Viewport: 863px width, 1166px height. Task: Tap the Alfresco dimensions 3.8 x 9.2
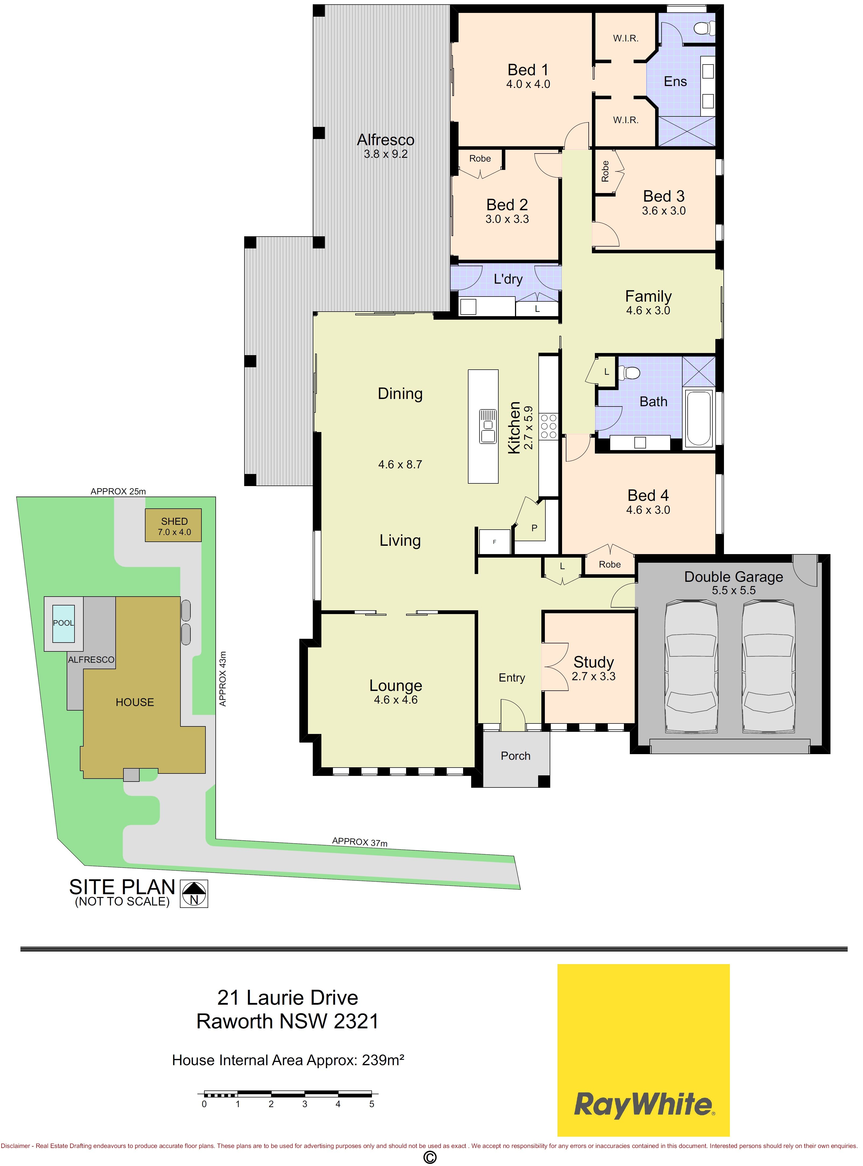tap(386, 154)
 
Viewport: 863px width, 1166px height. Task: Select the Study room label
tap(594, 662)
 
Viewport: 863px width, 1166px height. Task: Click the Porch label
tap(516, 755)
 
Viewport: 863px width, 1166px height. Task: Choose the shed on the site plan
tap(173, 525)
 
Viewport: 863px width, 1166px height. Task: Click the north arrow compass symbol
tap(194, 893)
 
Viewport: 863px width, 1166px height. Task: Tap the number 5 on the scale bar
tap(371, 1104)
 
